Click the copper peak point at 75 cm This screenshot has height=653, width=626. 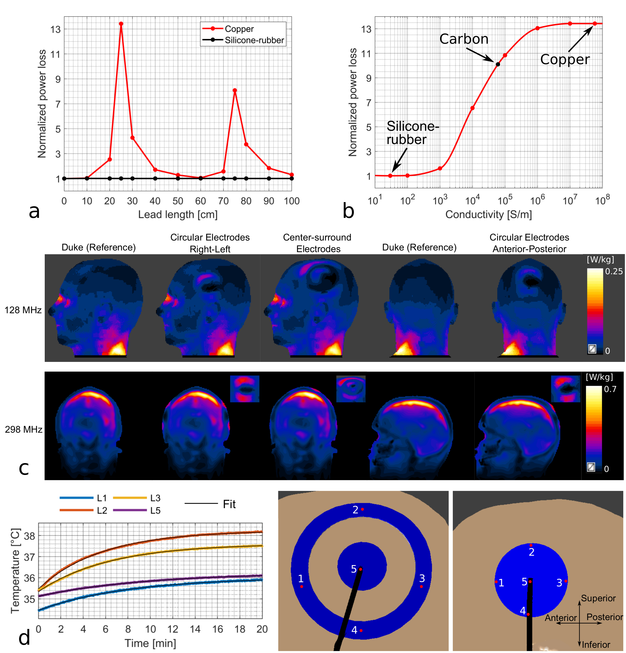pyautogui.click(x=235, y=90)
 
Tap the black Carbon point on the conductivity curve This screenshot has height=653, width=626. pyautogui.click(x=498, y=64)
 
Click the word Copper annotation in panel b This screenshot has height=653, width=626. pyautogui.click(x=564, y=60)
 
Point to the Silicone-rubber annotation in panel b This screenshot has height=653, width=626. pyautogui.click(x=412, y=133)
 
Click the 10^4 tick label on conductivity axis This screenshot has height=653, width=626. pyautogui.click(x=472, y=200)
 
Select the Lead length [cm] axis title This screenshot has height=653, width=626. pyautogui.click(x=178, y=215)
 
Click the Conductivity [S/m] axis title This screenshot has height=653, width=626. pyautogui.click(x=488, y=215)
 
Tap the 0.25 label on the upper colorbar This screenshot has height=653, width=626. pyautogui.click(x=613, y=271)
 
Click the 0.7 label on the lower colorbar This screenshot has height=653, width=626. pyautogui.click(x=610, y=389)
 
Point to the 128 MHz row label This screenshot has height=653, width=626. pyautogui.click(x=23, y=310)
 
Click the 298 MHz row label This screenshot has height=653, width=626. pyautogui.click(x=23, y=429)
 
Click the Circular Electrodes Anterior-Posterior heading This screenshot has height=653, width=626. pyautogui.click(x=529, y=243)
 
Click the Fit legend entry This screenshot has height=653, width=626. pyautogui.click(x=229, y=504)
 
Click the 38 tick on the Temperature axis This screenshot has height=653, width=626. pyautogui.click(x=30, y=536)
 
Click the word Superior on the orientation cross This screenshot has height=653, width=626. pyautogui.click(x=598, y=598)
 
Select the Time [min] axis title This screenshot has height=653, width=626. pyautogui.click(x=150, y=643)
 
